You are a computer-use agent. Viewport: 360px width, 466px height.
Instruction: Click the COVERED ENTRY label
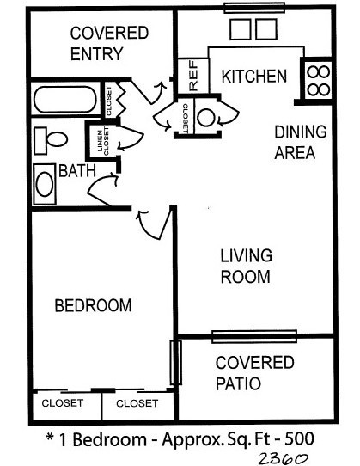click(x=108, y=44)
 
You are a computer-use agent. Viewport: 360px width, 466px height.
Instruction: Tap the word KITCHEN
click(x=254, y=77)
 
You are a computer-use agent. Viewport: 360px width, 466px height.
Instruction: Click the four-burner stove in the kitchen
click(x=317, y=78)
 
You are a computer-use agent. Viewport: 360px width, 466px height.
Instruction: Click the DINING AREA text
click(x=295, y=143)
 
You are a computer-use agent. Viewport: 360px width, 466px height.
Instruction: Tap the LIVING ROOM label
click(x=246, y=267)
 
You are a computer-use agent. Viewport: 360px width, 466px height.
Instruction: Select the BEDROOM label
click(x=93, y=305)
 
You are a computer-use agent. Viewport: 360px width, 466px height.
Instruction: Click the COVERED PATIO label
click(x=254, y=372)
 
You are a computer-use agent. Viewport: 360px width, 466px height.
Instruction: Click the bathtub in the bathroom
click(x=65, y=100)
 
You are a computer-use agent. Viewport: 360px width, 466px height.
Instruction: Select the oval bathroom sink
click(x=46, y=185)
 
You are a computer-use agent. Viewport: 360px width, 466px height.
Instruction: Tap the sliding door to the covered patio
click(x=254, y=335)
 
